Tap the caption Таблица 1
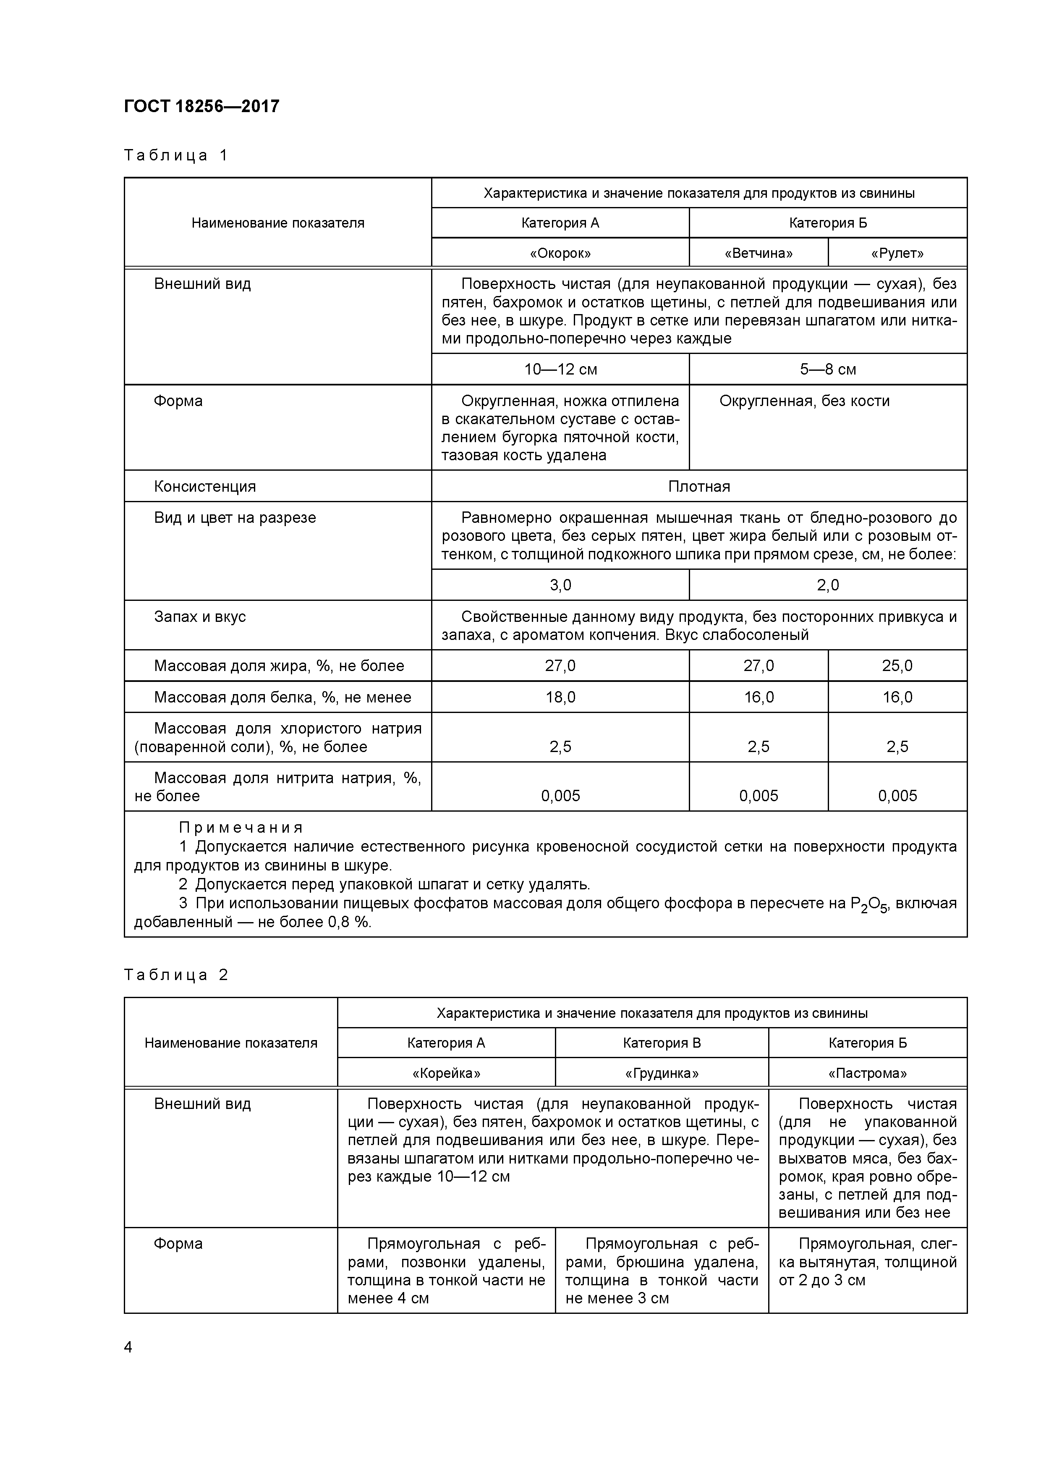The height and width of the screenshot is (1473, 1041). click(176, 155)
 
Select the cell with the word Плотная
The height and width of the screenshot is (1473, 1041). click(699, 486)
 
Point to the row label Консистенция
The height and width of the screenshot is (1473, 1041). click(204, 486)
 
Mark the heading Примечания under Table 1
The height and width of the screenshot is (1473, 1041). click(241, 828)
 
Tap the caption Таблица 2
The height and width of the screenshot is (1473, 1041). click(176, 975)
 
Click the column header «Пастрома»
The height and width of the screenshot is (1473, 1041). click(867, 1073)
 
